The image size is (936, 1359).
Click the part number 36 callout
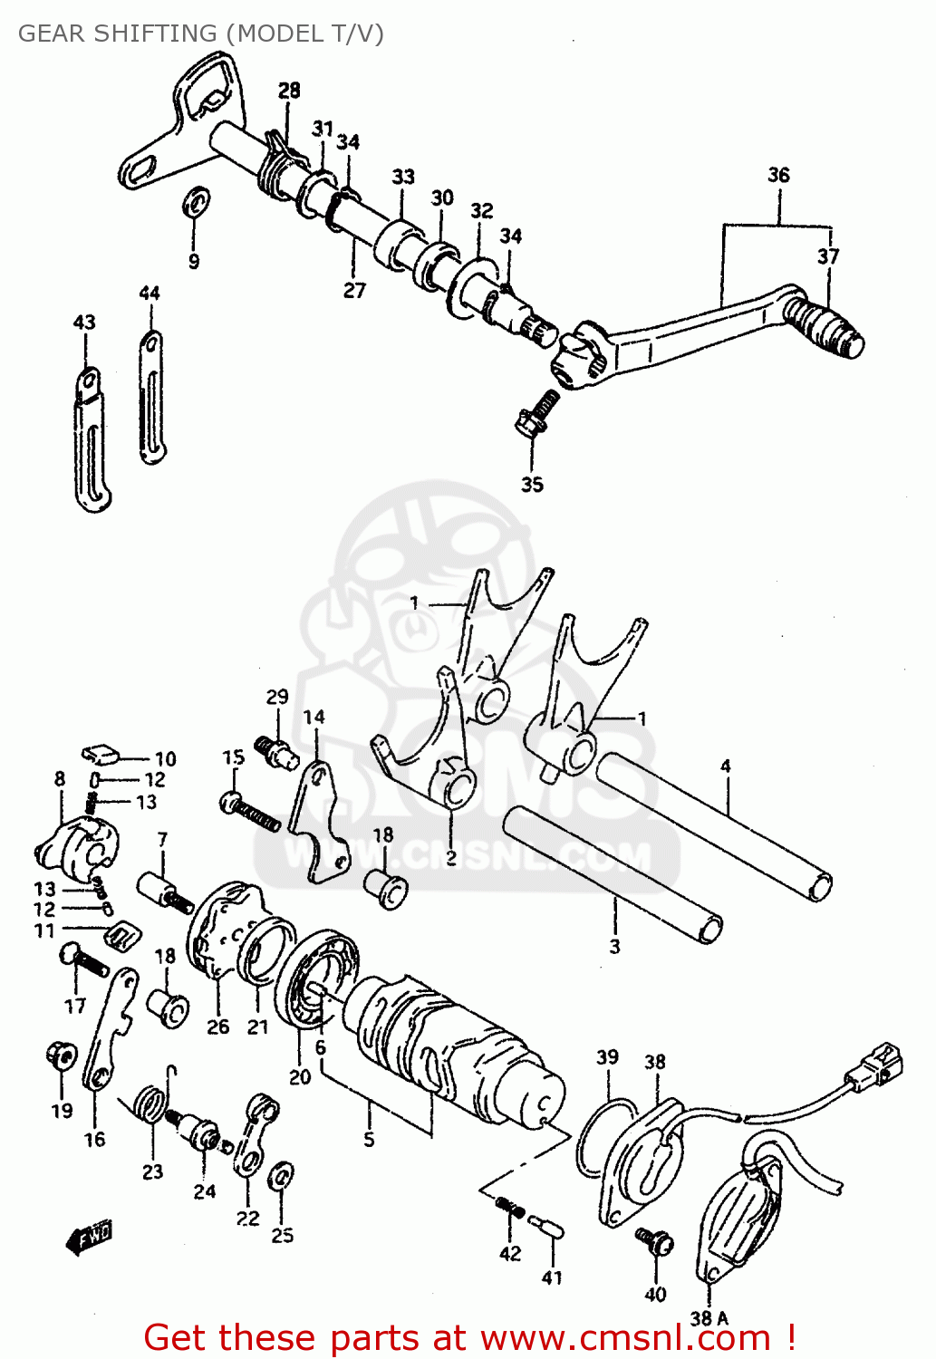(x=778, y=175)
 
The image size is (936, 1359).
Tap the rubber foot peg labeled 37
(x=824, y=327)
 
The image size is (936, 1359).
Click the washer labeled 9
(x=196, y=201)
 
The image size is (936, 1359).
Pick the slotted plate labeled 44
(x=151, y=398)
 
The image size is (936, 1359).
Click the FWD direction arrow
(x=89, y=1236)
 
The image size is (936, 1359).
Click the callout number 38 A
(x=709, y=1318)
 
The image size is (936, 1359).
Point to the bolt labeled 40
(x=654, y=1241)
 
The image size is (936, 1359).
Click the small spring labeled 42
(x=510, y=1208)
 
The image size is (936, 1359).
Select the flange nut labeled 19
(x=60, y=1055)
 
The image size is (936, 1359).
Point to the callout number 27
(x=354, y=290)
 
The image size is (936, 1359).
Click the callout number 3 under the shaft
(x=614, y=947)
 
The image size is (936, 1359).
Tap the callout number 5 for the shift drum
(x=369, y=1139)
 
